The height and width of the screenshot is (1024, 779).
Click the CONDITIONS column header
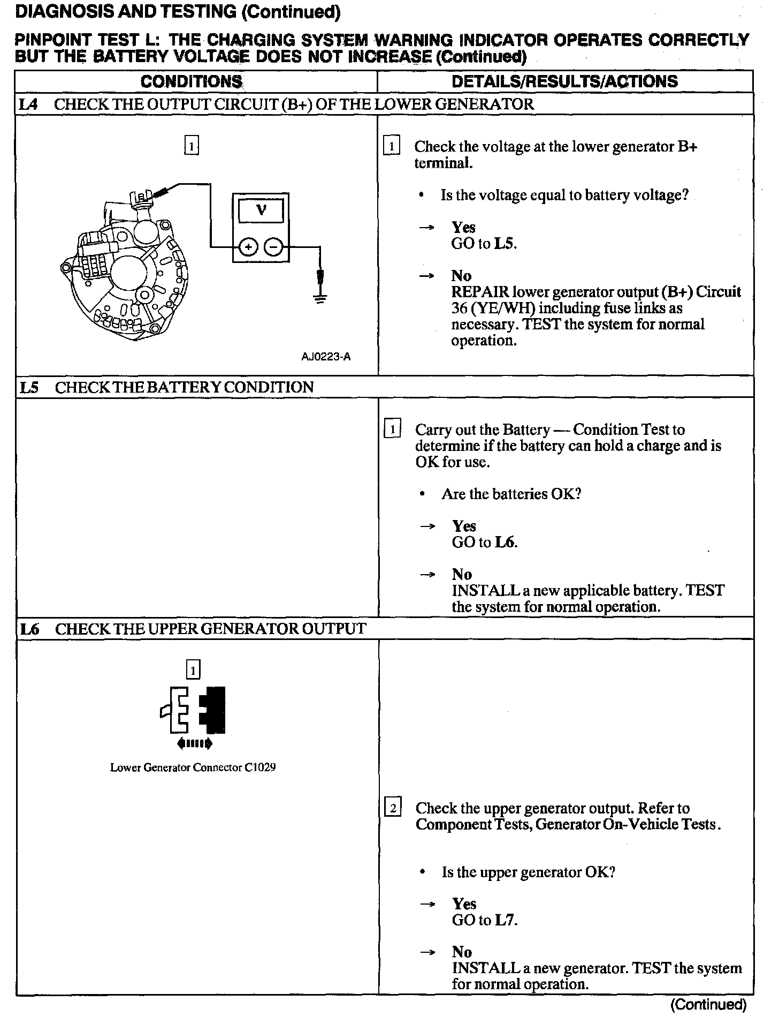click(192, 81)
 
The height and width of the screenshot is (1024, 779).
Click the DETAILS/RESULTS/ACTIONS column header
click(564, 81)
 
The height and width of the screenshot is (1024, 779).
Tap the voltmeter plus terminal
click(248, 247)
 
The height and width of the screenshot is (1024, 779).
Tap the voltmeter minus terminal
click(273, 247)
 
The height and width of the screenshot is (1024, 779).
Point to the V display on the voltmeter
click(261, 210)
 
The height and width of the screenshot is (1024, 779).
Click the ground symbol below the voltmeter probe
click(320, 298)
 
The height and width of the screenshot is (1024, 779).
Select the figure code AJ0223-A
click(326, 357)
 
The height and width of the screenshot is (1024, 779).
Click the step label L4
click(28, 104)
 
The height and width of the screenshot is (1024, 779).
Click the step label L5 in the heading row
click(29, 387)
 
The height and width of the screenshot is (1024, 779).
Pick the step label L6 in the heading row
click(29, 629)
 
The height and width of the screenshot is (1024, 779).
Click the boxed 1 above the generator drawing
click(192, 145)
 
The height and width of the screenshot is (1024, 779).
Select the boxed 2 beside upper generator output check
click(393, 808)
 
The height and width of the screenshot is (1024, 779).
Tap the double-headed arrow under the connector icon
click(194, 743)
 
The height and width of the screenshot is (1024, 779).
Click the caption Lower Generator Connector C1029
click(193, 767)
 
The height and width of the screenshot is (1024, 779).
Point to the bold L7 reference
click(505, 920)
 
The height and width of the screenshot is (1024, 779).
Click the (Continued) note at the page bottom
click(708, 1005)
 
